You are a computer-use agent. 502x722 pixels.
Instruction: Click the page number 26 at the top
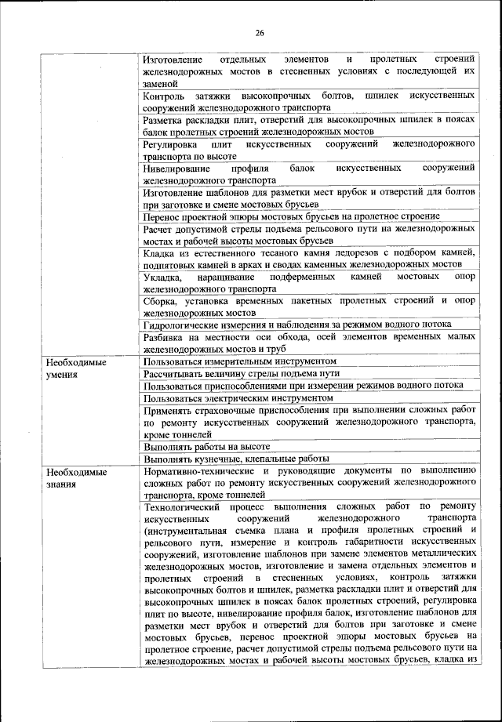click(260, 33)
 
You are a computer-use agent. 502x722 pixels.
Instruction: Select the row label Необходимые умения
click(75, 369)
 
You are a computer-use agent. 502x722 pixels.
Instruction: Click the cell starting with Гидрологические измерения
click(298, 325)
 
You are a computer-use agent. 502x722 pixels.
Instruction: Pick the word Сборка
click(162, 300)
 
